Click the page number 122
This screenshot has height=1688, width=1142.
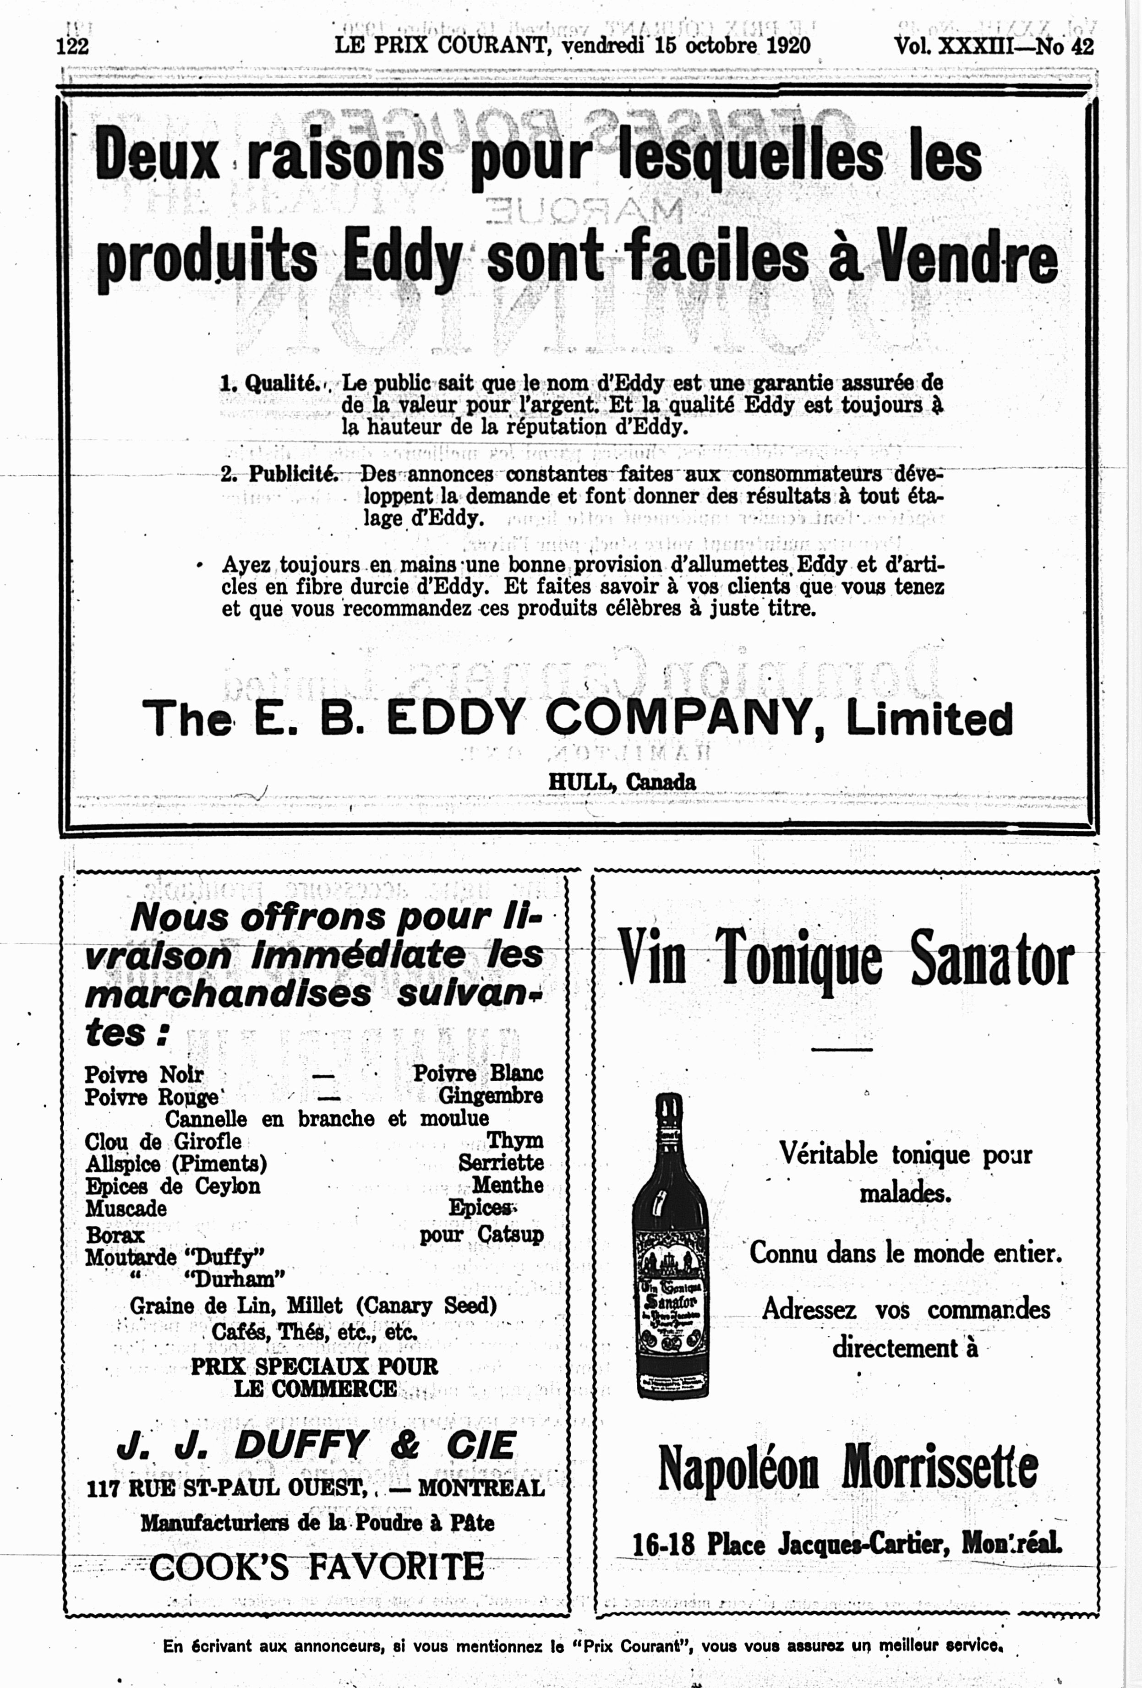coord(73,47)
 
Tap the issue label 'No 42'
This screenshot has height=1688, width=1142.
coord(1065,47)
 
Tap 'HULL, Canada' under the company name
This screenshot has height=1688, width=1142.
coord(622,782)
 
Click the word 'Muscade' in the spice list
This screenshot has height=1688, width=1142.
coord(126,1209)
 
